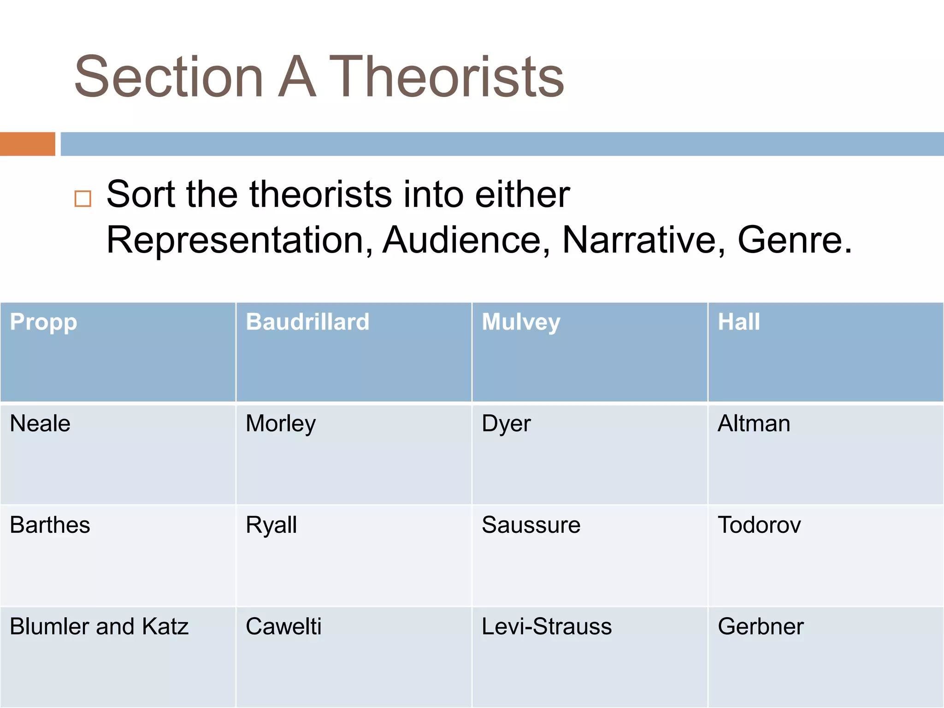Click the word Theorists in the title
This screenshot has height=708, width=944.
click(446, 77)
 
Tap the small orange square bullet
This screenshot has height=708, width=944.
click(83, 199)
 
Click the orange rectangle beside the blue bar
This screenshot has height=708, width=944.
click(28, 144)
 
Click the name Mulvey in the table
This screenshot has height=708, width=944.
click(521, 322)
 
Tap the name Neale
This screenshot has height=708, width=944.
click(40, 423)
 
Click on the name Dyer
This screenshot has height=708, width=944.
click(506, 423)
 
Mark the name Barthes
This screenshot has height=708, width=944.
click(50, 525)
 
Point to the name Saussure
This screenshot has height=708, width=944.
click(531, 525)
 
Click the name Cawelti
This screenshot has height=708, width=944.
click(283, 626)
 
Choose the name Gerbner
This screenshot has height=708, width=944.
click(761, 626)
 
